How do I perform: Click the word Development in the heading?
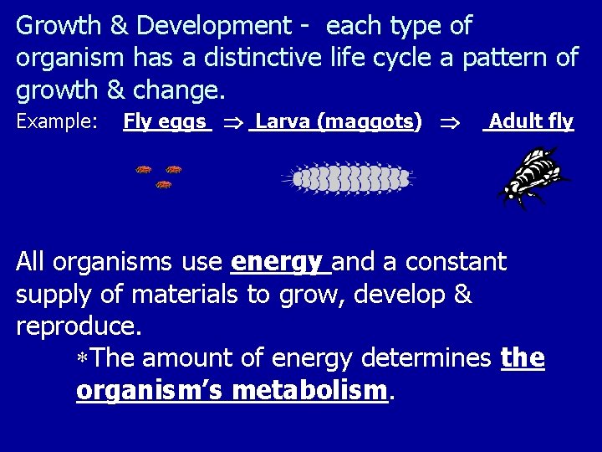(213, 27)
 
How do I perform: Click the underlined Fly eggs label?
(166, 122)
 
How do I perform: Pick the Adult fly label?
(531, 122)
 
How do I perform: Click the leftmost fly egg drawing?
(145, 170)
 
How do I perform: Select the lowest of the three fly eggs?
(165, 184)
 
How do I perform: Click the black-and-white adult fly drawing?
(533, 177)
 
